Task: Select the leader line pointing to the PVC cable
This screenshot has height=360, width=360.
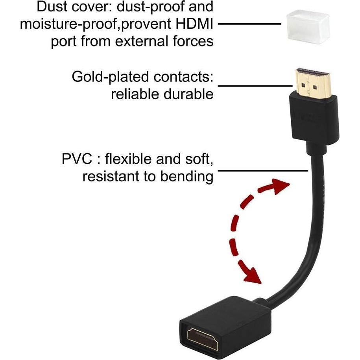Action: click(262, 171)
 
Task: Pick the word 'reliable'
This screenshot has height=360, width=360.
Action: click(136, 94)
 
